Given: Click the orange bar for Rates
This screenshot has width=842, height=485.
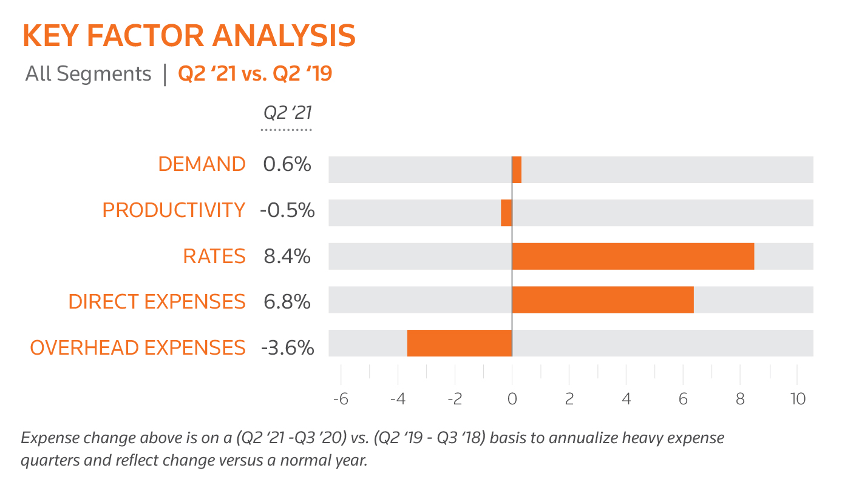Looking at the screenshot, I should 633,256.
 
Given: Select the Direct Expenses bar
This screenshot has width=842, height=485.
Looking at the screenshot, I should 602,299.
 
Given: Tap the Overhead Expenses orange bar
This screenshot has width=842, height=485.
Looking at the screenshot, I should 460,343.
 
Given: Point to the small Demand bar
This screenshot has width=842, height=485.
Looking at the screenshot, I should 517,170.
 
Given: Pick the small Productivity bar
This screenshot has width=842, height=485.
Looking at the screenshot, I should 506,213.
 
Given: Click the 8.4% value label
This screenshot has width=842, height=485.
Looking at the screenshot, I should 287,256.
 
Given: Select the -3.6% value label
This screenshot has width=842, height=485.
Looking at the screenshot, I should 287,348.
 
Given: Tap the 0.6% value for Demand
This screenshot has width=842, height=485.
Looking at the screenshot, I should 287,164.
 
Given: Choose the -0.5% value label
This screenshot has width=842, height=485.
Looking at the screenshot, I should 287,210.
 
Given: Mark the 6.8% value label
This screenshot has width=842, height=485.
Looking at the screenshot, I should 287,301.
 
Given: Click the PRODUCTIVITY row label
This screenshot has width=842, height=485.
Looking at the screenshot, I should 174,210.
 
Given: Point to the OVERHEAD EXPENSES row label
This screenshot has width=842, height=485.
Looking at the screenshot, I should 138,348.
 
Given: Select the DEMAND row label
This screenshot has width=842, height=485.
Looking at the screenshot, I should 202,164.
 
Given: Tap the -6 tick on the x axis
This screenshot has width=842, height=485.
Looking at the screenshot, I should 340,400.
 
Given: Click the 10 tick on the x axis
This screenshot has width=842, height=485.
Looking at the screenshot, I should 797,400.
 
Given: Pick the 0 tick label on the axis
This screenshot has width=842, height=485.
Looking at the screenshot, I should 512,400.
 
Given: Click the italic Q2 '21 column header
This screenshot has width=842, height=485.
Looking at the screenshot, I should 287,113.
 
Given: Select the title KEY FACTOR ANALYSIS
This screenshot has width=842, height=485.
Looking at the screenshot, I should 189,36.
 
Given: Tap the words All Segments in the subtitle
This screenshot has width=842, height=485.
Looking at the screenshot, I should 88,74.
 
